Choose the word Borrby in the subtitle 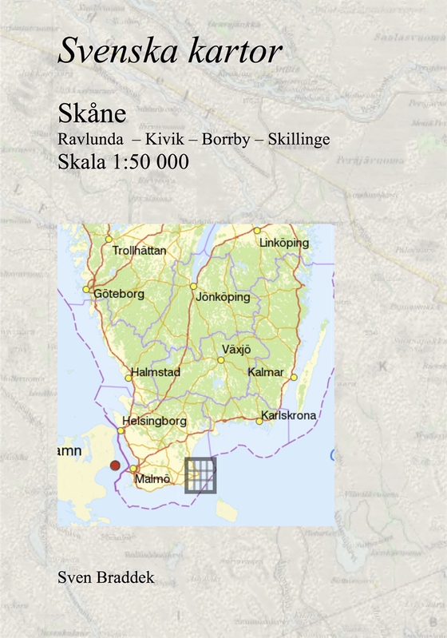point(224,138)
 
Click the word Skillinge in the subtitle point(299,138)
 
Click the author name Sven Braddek point(101,577)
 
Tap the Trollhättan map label point(140,250)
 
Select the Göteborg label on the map point(119,294)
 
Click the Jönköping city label point(223,297)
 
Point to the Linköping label point(288,242)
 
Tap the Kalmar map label point(266,372)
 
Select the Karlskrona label point(288,416)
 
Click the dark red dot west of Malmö point(115,465)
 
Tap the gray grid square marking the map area point(200,475)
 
